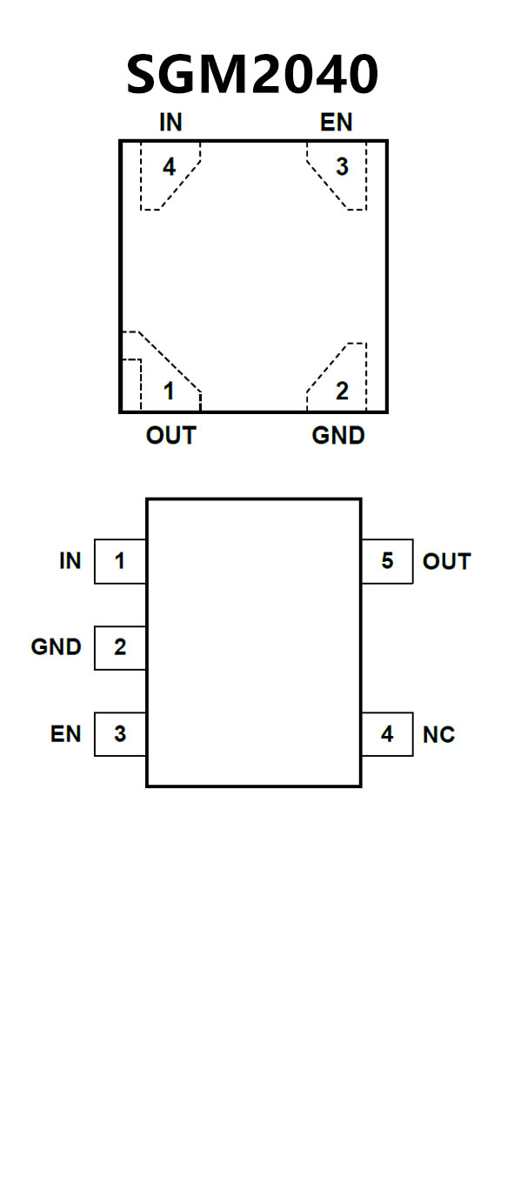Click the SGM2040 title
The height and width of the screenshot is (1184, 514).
click(252, 73)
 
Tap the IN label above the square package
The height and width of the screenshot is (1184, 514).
click(170, 123)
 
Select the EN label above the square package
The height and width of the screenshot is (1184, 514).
click(336, 123)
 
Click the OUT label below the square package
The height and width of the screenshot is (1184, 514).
click(170, 436)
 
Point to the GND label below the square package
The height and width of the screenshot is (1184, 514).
click(338, 436)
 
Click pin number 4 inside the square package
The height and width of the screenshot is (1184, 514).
click(169, 167)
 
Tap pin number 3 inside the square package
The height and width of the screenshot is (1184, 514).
click(343, 167)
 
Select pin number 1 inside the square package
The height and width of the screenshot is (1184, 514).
click(169, 391)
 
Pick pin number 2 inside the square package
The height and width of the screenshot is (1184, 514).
click(343, 391)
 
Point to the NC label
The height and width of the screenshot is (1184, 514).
click(438, 735)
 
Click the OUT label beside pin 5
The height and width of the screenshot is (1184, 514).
click(447, 561)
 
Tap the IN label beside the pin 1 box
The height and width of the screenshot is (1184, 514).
click(70, 561)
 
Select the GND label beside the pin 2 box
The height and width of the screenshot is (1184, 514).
click(56, 647)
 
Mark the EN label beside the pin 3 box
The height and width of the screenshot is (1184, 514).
click(66, 734)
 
